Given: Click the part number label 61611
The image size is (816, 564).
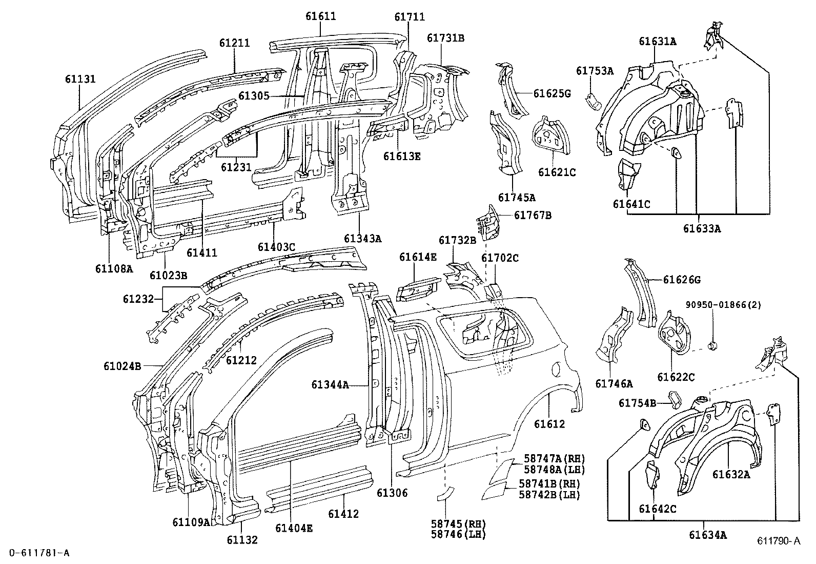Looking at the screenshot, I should (x=321, y=16).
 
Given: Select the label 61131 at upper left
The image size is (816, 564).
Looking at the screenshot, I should (x=80, y=79).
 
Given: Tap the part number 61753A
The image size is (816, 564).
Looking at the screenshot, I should (x=595, y=71).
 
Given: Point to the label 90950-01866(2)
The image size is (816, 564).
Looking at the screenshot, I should (x=723, y=305).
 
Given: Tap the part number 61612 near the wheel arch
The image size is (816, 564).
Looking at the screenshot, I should (x=549, y=424).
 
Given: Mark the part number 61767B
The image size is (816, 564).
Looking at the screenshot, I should (x=533, y=216).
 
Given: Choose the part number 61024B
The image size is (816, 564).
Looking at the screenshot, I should (x=122, y=366).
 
